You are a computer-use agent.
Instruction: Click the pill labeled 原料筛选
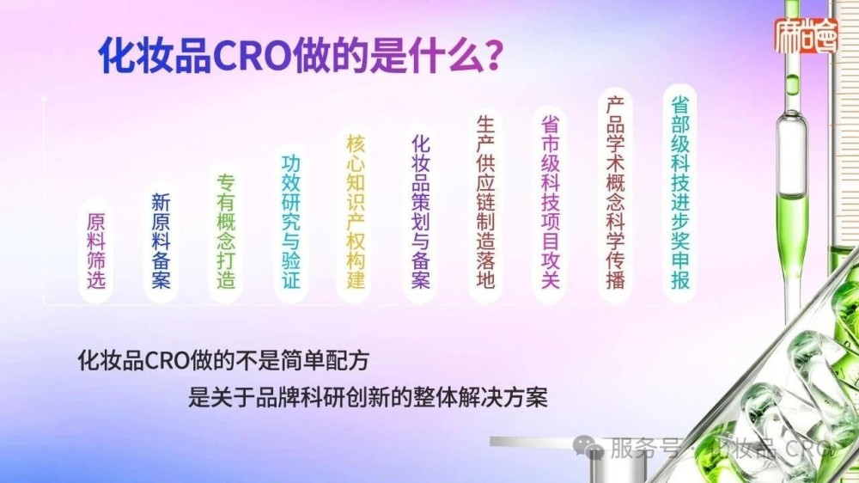(x=95, y=251)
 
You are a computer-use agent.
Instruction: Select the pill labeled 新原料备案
(x=161, y=241)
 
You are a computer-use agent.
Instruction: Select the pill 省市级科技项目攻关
(x=551, y=200)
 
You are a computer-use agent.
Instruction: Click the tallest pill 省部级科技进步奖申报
(x=680, y=191)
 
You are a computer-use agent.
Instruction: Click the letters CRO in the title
(x=248, y=58)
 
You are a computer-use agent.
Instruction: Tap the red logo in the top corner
(x=805, y=36)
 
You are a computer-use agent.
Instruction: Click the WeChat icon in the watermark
(x=590, y=447)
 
